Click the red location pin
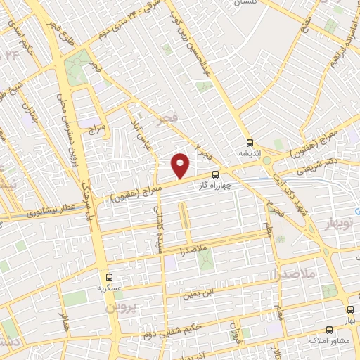[x=181, y=165]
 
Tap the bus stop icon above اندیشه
[x=250, y=142]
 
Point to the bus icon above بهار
[x=349, y=310]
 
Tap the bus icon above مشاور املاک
[x=328, y=329]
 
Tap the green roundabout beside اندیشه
[x=268, y=160]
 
